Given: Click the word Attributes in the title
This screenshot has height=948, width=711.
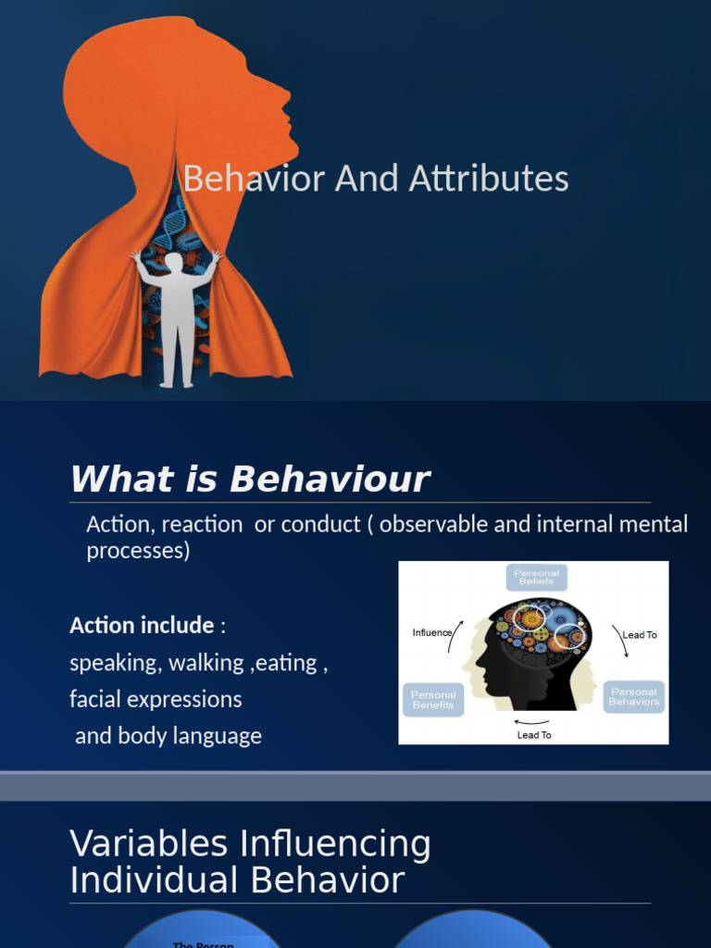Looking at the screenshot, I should tap(505, 178).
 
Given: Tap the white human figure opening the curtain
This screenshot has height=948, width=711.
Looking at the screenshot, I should tap(176, 315).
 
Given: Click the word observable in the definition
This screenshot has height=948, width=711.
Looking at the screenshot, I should tap(433, 524).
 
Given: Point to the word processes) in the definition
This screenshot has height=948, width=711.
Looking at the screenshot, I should tap(138, 550).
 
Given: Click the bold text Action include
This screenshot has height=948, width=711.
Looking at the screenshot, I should tap(142, 625).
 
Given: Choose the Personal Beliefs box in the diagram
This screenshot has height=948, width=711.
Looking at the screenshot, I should tap(537, 578).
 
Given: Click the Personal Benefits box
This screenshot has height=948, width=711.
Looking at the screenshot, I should tap(433, 699).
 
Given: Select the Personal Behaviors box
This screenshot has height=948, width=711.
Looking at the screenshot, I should tap(634, 696).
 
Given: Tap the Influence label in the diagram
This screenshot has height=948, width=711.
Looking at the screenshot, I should tap(432, 633).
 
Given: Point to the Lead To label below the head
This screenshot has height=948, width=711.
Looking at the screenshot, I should tap(534, 735).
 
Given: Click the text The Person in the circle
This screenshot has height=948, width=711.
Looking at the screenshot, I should tap(203, 943).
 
